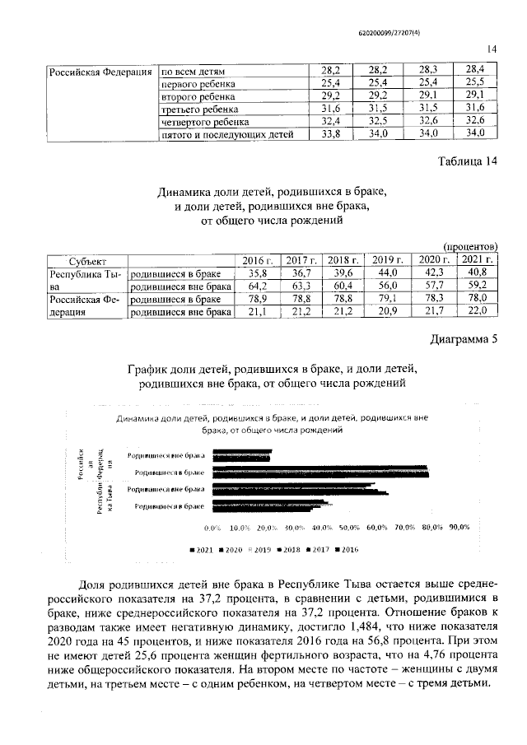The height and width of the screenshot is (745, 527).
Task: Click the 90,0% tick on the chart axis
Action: (459, 527)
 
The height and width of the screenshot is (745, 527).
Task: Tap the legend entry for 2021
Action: (199, 549)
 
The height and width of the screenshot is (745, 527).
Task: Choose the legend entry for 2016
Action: (346, 549)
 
